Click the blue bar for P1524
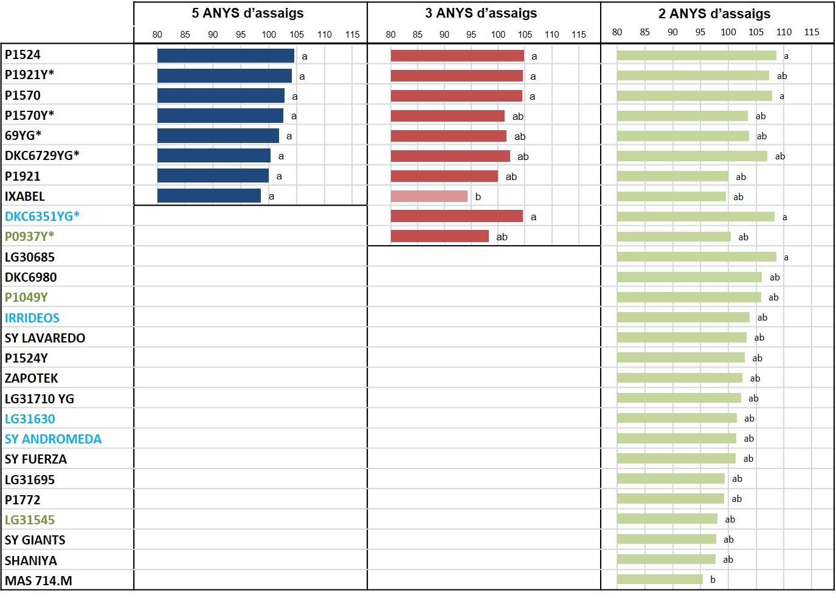[226, 55]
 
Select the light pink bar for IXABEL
[429, 196]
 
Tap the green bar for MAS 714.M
[660, 579]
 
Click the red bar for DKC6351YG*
[457, 217]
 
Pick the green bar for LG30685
[697, 257]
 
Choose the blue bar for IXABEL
[209, 196]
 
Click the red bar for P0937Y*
[440, 236]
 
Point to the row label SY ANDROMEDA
[53, 439]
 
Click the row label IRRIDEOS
[32, 318]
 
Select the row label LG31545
[29, 520]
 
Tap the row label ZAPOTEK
[32, 378]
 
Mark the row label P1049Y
[26, 297]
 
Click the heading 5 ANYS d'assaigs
[248, 13]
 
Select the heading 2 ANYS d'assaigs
[714, 13]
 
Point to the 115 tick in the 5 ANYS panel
[352, 35]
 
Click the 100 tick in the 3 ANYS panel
[498, 35]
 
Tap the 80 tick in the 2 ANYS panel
[617, 32]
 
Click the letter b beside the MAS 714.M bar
[713, 579]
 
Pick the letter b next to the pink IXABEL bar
[478, 196]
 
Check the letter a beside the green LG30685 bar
[786, 257]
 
